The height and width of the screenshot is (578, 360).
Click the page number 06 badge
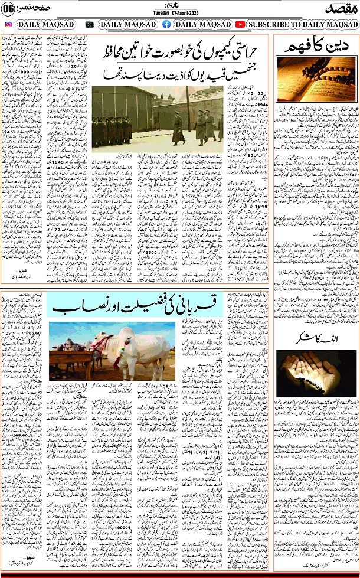tap(8, 9)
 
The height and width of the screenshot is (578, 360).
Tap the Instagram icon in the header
tap(8, 24)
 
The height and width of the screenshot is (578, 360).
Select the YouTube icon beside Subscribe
tap(240, 24)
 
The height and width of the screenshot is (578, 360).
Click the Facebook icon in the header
tap(166, 24)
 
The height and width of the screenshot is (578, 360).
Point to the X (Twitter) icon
tap(89, 24)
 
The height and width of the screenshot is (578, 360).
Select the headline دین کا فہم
tap(317, 50)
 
